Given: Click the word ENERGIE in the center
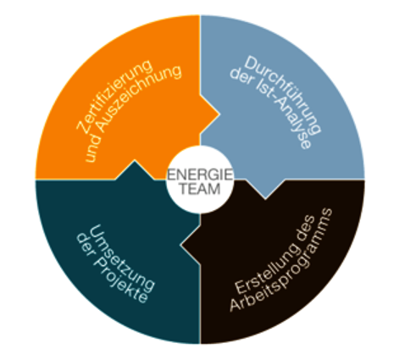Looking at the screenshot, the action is [200, 174].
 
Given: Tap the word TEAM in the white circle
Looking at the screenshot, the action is [200, 189].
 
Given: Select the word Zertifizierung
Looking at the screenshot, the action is [114, 95].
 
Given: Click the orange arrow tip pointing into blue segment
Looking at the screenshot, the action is [219, 114].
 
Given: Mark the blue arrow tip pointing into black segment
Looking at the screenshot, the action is [265, 198].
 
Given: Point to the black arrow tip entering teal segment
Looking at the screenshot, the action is [181, 245].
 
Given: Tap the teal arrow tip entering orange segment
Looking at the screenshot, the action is [135, 160].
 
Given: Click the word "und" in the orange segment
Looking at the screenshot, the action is [93, 150].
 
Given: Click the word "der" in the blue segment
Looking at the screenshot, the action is [241, 76].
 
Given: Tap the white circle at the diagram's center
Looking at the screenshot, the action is [200, 180].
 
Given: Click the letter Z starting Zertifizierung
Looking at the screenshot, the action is [81, 126].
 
